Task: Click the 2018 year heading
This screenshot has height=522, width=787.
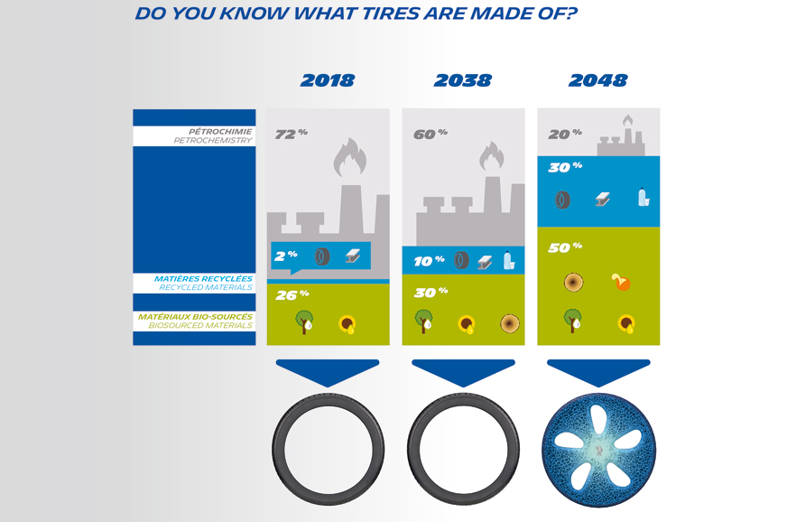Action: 328,80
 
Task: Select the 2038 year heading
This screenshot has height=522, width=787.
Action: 463,80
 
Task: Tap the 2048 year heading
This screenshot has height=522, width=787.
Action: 597,80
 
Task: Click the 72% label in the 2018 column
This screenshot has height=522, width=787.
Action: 292,135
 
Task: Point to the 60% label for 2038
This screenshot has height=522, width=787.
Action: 431,135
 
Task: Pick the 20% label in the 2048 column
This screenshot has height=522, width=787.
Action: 565,135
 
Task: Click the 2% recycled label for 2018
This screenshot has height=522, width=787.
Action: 286,256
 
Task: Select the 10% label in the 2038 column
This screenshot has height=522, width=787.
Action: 429,261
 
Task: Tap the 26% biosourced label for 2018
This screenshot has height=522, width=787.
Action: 292,295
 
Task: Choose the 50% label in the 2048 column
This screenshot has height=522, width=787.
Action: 565,247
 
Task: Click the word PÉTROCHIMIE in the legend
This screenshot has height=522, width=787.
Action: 220,132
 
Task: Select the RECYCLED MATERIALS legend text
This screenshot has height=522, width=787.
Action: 206,287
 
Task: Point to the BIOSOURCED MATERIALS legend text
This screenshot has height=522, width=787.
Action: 200,325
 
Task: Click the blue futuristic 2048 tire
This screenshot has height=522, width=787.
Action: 598,450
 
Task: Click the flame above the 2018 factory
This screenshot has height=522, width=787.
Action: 350,157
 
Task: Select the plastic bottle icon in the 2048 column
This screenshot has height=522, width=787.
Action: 643,197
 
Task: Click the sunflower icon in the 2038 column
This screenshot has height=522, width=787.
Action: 467,324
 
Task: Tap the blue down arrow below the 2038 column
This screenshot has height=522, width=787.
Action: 463,372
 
